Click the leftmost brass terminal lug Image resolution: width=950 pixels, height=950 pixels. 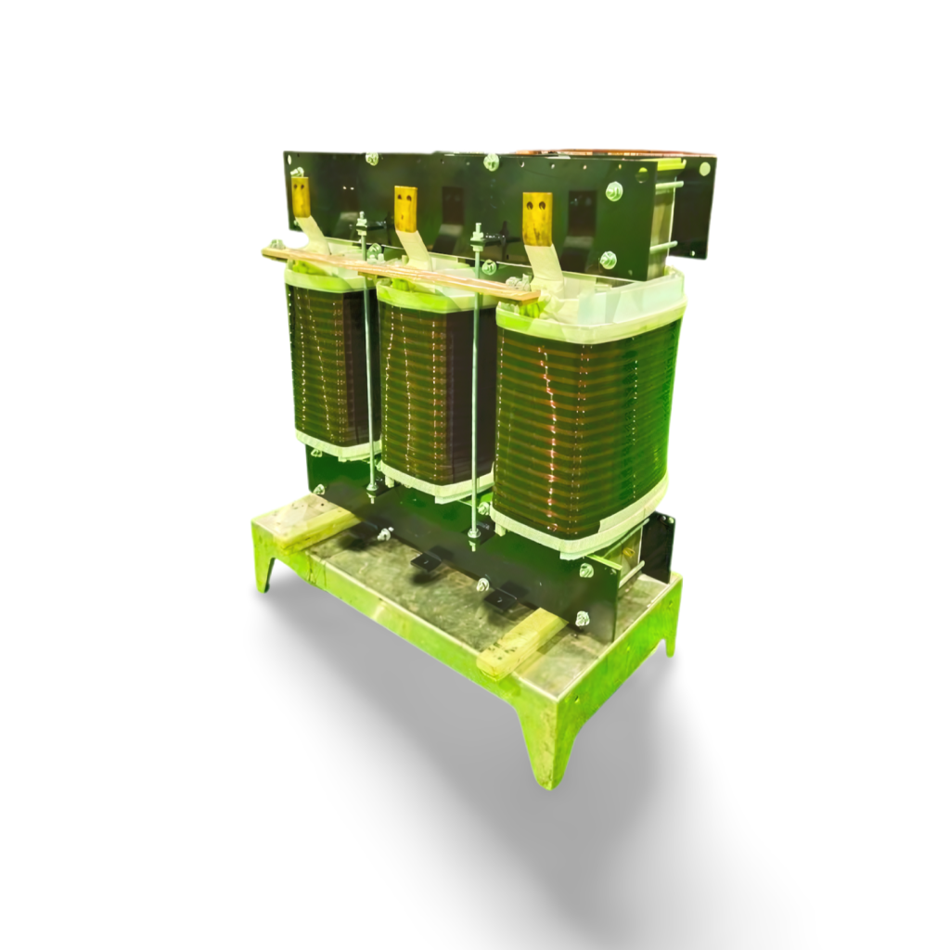coord(301,197)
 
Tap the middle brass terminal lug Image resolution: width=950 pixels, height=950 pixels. coord(405,209)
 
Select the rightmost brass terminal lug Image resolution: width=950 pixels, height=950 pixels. coord(536,219)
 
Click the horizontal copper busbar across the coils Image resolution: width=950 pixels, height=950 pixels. coord(399,272)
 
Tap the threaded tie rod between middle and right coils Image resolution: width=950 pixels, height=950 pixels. coord(476,399)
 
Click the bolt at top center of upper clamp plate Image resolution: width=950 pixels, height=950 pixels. coord(491,162)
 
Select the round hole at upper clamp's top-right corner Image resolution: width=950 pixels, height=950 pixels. coord(704,169)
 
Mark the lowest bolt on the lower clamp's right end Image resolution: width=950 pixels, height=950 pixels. coord(582,617)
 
